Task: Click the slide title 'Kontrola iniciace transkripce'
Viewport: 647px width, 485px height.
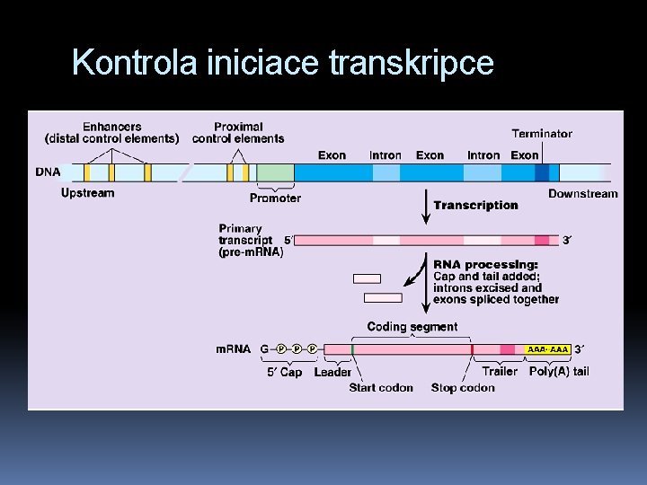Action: (x=282, y=63)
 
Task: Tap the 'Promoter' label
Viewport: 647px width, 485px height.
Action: (x=275, y=198)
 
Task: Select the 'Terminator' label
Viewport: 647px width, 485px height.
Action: (x=542, y=134)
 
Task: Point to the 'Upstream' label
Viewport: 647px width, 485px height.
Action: (x=87, y=193)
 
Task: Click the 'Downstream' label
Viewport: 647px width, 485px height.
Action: (x=582, y=194)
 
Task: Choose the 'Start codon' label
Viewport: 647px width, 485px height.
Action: (x=381, y=388)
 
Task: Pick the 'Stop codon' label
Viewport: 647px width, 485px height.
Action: (x=463, y=388)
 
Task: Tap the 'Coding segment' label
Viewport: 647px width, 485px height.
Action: (x=412, y=327)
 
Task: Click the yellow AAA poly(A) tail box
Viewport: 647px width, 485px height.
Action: (x=548, y=348)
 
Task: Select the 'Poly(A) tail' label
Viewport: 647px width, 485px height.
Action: (x=559, y=371)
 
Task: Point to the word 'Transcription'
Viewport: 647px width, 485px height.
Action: (x=475, y=206)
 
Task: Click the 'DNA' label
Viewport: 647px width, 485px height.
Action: (x=48, y=172)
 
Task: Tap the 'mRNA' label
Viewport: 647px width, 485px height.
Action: (x=233, y=348)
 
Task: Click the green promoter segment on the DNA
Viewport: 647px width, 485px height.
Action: (x=276, y=172)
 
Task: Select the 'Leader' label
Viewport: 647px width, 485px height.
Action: (x=332, y=372)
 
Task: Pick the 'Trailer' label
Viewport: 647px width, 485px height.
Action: (x=500, y=371)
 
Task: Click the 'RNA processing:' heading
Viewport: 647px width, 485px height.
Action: (x=485, y=264)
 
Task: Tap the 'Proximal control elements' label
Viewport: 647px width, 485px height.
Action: (x=238, y=132)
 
